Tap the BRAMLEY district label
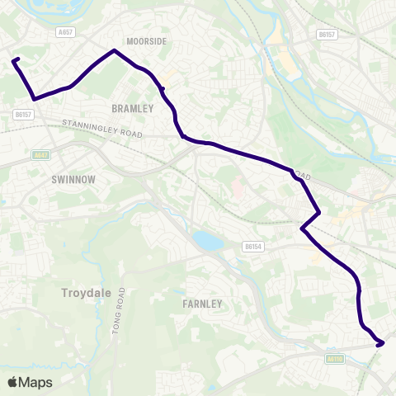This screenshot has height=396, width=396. click(x=133, y=108)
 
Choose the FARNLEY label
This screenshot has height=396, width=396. click(x=201, y=304)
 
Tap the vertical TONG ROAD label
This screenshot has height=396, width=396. click(x=120, y=313)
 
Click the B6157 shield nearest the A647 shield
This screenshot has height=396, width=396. click(x=23, y=115)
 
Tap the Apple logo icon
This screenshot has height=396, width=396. click(x=12, y=382)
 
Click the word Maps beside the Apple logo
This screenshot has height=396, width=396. click(x=36, y=382)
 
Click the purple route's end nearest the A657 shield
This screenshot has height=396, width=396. click(x=14, y=59)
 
